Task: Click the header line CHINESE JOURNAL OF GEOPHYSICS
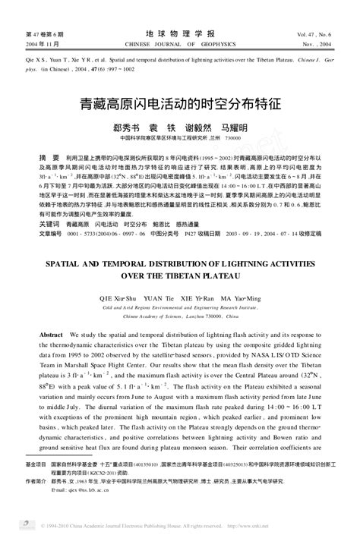[x=179, y=44]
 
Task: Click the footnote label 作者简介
[x=36, y=481]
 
